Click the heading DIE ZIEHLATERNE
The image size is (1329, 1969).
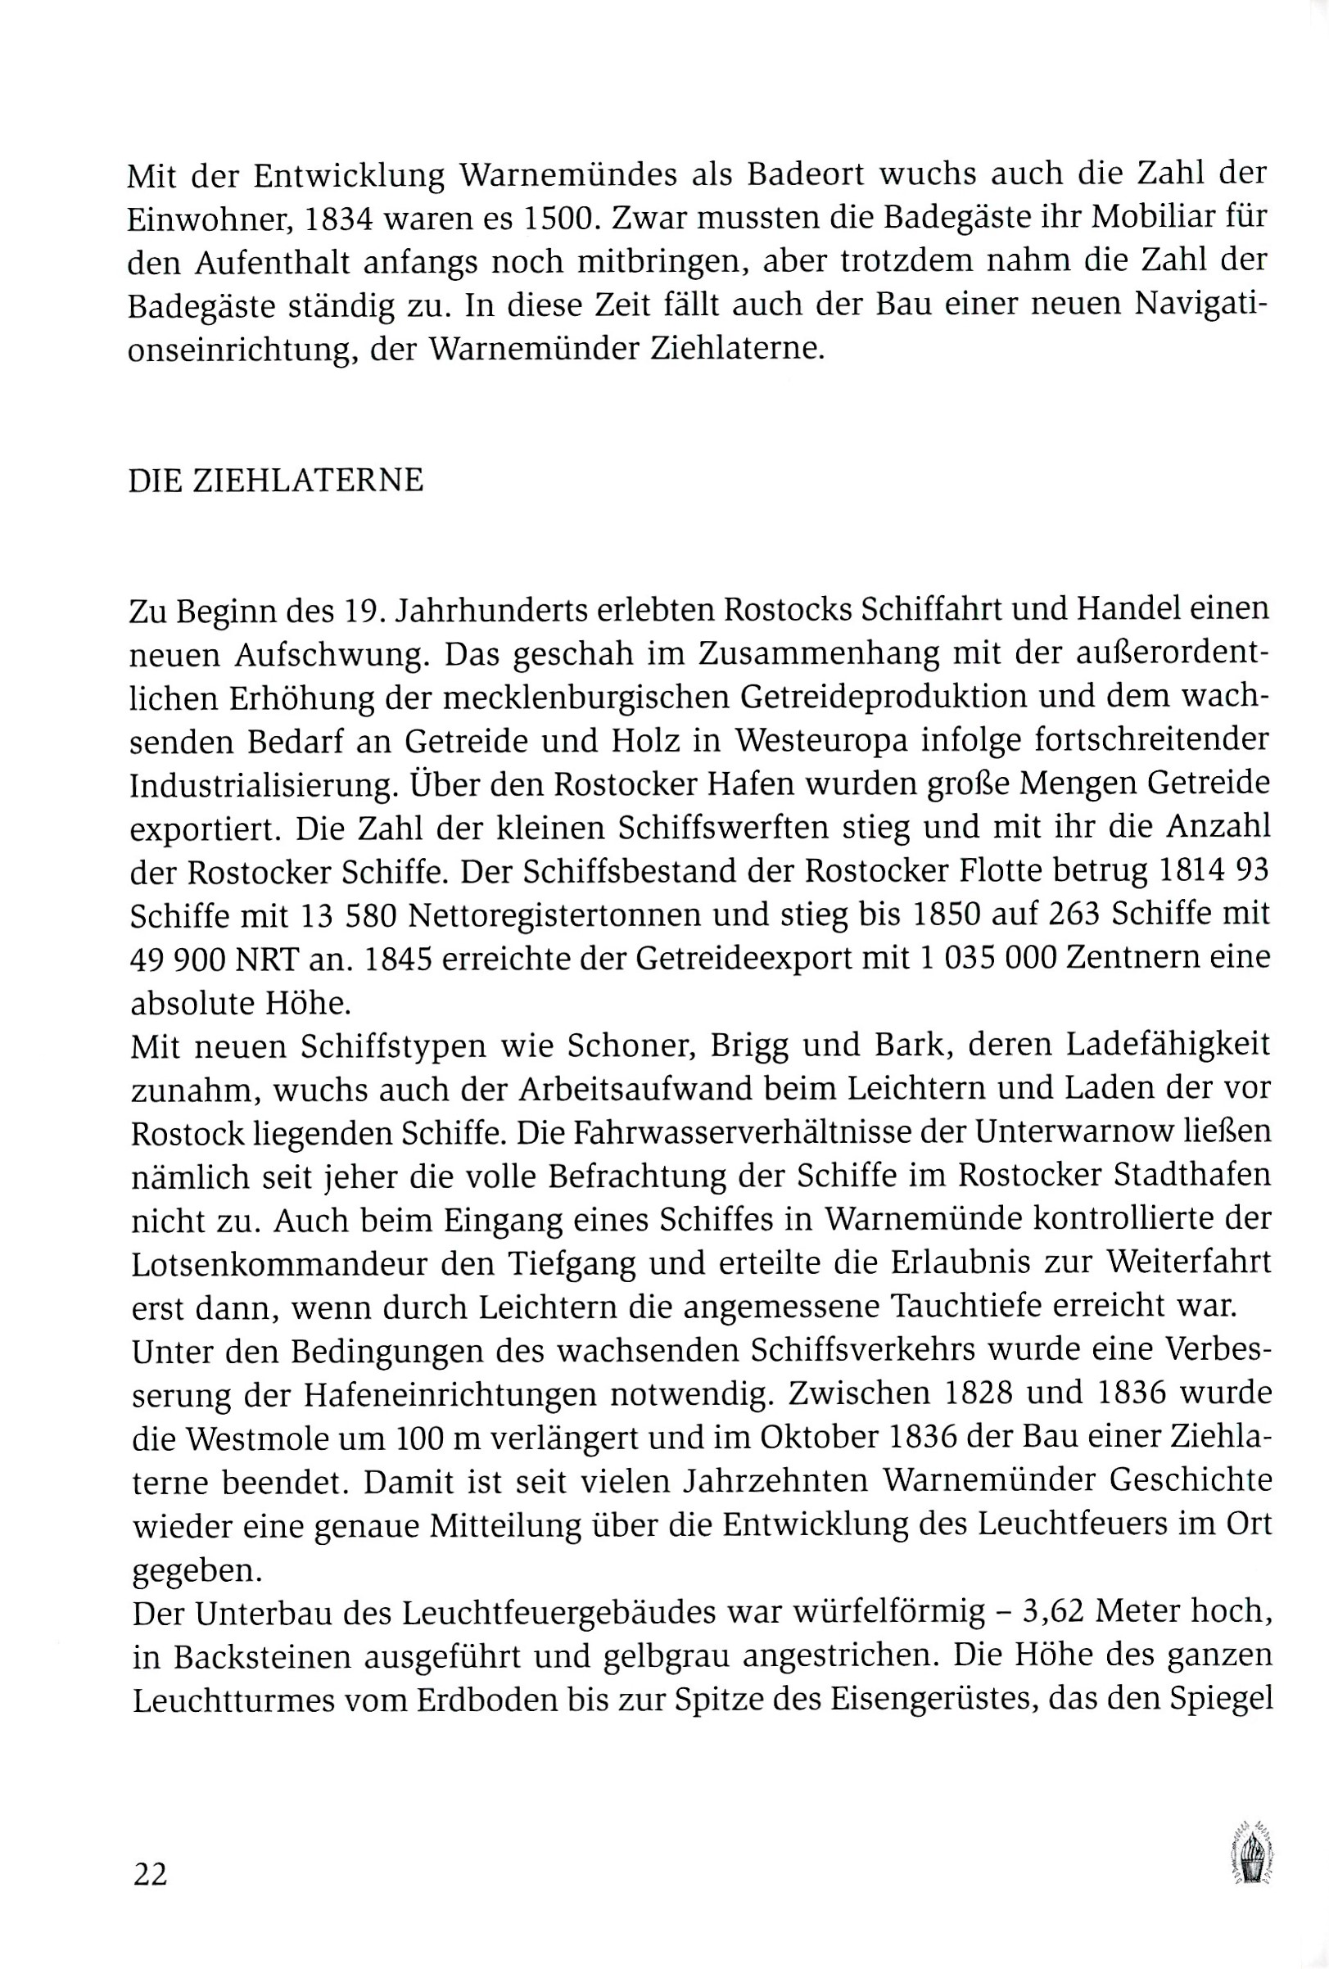pyautogui.click(x=275, y=481)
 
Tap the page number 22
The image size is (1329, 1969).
pyautogui.click(x=151, y=1874)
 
